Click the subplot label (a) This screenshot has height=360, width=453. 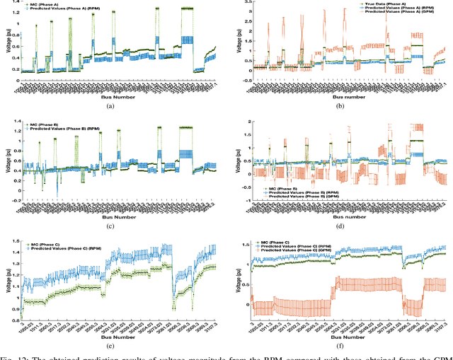coord(109,105)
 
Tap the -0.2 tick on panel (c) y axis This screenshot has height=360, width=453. coord(11,200)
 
